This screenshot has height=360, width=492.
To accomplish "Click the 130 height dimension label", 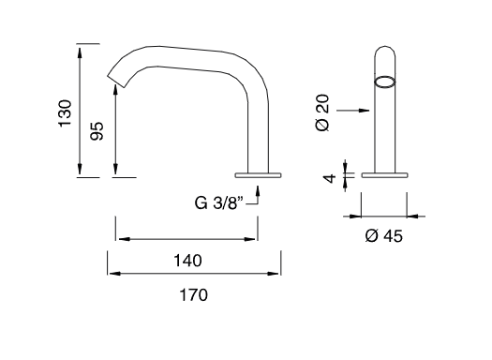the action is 65,113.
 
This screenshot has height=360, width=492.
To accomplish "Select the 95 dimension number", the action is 97,131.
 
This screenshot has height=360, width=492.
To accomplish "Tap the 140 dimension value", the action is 188,261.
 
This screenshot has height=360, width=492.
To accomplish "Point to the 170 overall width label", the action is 194,295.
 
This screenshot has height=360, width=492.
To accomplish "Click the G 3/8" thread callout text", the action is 219,202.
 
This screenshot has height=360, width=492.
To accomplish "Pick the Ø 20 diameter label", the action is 322,113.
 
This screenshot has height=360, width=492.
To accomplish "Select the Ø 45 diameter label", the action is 384,235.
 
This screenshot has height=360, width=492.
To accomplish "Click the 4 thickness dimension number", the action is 330,178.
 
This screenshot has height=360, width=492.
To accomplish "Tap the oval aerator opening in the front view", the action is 384,82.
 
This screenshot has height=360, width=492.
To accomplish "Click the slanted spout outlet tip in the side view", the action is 117,81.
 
